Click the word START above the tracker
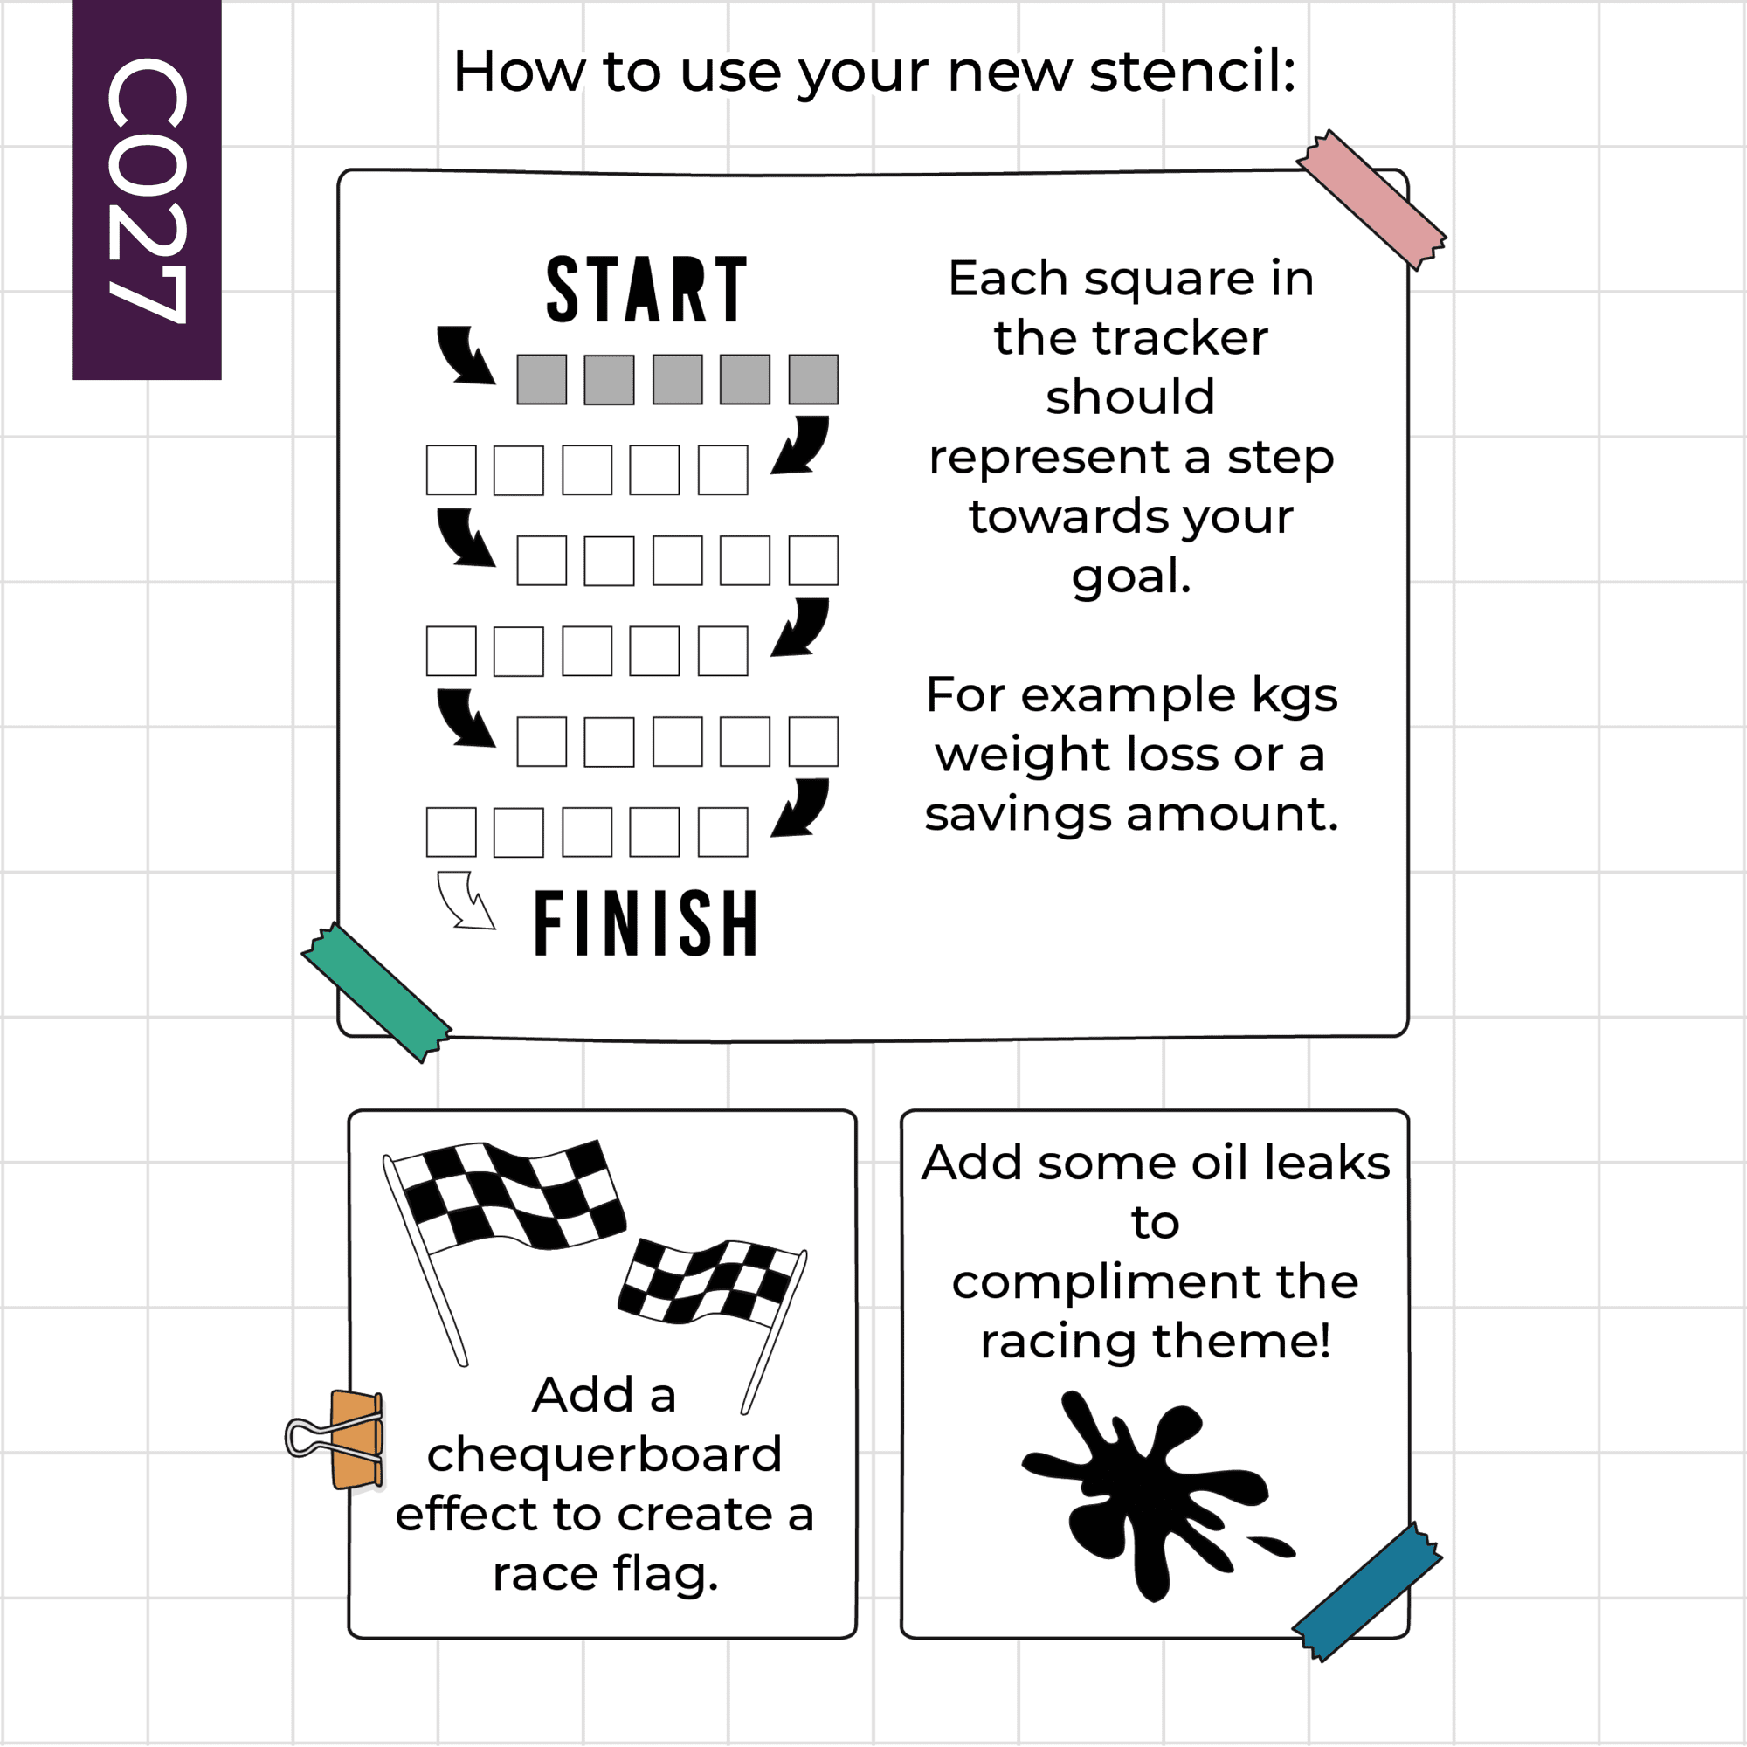click(646, 288)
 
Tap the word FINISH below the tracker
click(646, 922)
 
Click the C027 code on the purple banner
click(147, 190)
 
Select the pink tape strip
click(1371, 199)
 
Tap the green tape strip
click(376, 992)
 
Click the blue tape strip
click(1367, 1592)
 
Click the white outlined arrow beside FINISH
click(465, 900)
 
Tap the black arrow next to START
click(465, 355)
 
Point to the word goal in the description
click(1131, 577)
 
